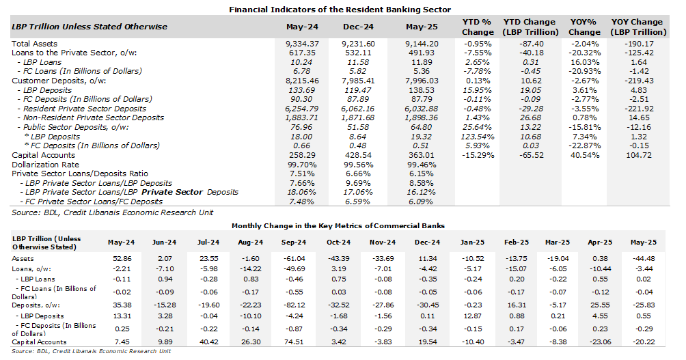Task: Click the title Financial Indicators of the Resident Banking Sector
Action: tap(340, 9)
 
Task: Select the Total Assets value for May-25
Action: tap(422, 44)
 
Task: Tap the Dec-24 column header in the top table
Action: tap(358, 27)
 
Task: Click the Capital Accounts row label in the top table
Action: tap(43, 155)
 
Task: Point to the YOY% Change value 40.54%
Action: tap(584, 155)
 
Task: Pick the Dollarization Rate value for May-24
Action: tap(302, 165)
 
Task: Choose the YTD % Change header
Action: tap(477, 27)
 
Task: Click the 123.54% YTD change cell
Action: tap(477, 137)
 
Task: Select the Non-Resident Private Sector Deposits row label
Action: tap(91, 117)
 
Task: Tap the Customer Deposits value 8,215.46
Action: tap(302, 81)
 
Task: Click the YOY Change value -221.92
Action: tap(639, 109)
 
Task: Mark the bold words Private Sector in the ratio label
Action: tap(172, 192)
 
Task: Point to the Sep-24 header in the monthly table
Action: tap(294, 243)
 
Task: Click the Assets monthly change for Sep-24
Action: tap(294, 258)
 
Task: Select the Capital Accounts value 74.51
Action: tap(294, 342)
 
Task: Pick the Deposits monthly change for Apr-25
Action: tap(600, 305)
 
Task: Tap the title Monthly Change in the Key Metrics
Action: tap(338, 225)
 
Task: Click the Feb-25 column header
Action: tap(517, 243)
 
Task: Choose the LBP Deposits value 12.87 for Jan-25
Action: tap(473, 316)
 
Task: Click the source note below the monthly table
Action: tap(91, 351)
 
